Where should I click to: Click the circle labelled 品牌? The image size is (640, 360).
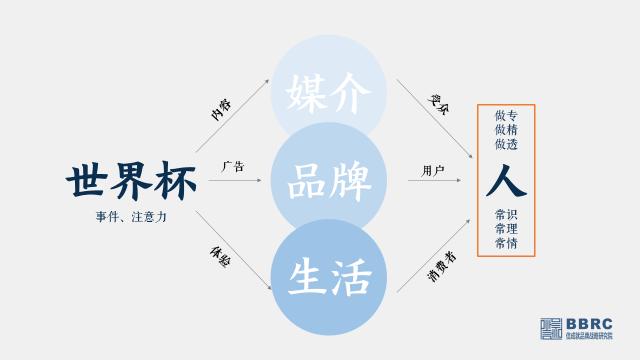tap(328, 183)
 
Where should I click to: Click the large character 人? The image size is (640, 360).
tap(506, 181)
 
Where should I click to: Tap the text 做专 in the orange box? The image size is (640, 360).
tap(506, 116)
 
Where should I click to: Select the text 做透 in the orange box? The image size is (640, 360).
tap(506, 146)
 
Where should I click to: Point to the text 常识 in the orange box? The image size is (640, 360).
tap(506, 215)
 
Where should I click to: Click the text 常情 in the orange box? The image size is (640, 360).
tap(506, 244)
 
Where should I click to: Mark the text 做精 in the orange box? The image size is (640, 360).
tap(506, 131)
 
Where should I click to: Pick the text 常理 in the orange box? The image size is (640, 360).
tap(506, 230)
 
